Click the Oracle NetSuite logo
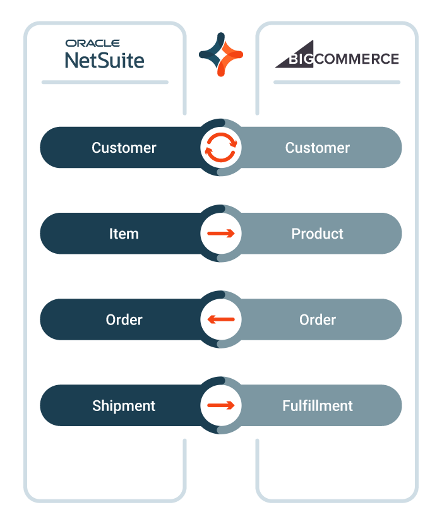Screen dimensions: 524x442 coord(105,54)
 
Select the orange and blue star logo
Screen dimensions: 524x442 coord(221,54)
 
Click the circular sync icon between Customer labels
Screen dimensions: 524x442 coord(221,147)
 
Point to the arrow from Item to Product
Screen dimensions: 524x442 coord(221,234)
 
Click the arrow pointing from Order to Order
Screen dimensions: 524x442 coord(221,319)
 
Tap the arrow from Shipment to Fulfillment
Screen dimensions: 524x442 coord(221,405)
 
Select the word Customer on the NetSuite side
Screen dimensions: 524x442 coord(124,148)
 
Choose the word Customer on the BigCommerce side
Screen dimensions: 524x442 coord(317,148)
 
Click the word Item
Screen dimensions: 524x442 coord(124,234)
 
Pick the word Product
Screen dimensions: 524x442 coord(317,234)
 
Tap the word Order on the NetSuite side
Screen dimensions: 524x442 coord(124,319)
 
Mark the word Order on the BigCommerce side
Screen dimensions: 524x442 coord(317,319)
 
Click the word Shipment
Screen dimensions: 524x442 coord(124,405)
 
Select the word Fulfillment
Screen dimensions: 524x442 coord(317,405)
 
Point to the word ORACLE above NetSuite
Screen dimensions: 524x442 coord(93,43)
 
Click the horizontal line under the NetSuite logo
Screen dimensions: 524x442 coord(105,82)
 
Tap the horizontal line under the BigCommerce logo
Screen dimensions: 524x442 coord(337,82)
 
